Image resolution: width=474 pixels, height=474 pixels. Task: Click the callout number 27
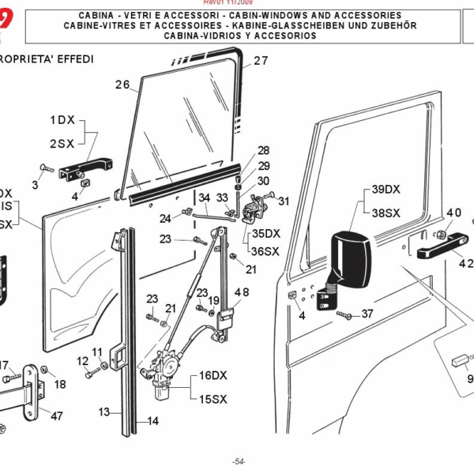(x=261, y=61)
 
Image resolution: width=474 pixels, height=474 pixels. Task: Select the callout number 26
(x=122, y=85)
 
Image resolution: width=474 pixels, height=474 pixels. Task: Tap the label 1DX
(x=62, y=120)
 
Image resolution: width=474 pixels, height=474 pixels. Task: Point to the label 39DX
(x=386, y=190)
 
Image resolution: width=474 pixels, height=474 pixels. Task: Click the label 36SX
(x=265, y=251)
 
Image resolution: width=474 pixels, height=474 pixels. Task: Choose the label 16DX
(x=213, y=375)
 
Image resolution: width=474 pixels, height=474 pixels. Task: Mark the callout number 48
(x=241, y=292)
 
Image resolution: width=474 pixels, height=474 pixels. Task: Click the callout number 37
(x=367, y=314)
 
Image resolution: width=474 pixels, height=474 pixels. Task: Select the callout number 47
(x=56, y=416)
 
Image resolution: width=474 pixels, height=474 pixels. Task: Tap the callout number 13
(x=103, y=412)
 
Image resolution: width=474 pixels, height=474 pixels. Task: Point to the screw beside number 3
(x=44, y=168)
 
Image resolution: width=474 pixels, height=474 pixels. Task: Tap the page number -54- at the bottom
(x=239, y=461)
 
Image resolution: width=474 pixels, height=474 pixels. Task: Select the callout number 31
(x=284, y=200)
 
